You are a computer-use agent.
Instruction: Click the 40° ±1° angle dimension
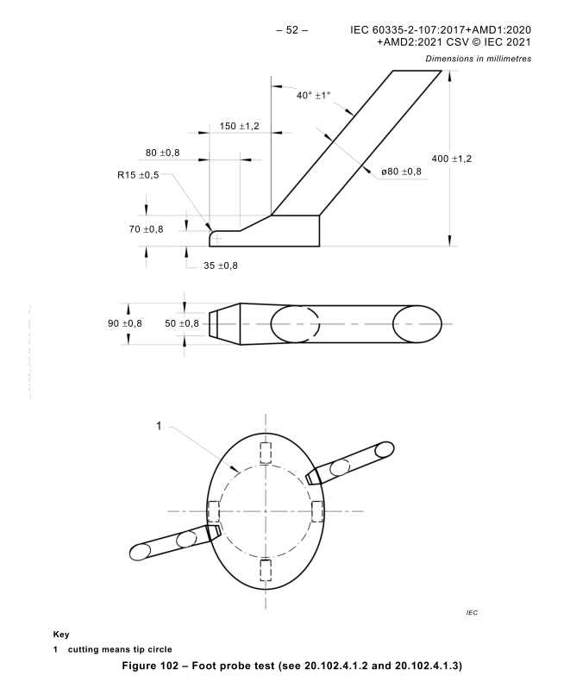[x=313, y=95]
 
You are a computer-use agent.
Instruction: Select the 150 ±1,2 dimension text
[x=239, y=127]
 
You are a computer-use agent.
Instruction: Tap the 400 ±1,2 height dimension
[x=452, y=159]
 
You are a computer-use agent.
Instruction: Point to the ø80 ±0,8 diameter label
[x=401, y=172]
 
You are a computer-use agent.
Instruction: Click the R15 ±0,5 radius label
[x=138, y=175]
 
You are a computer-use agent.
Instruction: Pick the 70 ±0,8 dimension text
[x=146, y=229]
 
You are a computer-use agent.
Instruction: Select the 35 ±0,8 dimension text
[x=220, y=266]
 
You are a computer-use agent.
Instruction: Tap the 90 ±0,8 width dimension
[x=125, y=323]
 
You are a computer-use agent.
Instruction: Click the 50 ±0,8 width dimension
[x=182, y=323]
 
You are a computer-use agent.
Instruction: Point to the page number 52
[x=291, y=30]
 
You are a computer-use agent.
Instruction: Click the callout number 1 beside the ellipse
[x=159, y=426]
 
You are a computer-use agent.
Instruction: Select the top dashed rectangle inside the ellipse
[x=266, y=453]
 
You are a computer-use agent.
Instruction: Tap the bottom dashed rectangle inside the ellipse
[x=266, y=570]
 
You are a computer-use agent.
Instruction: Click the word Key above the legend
[x=61, y=635]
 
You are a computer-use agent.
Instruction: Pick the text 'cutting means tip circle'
[x=120, y=649]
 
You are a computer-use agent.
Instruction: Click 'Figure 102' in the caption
[x=150, y=666]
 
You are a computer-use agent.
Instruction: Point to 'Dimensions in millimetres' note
[x=479, y=59]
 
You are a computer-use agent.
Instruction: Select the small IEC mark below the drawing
[x=472, y=612]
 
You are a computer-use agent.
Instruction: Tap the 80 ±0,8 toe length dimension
[x=162, y=153]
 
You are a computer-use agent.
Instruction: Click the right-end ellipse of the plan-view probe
[x=417, y=324]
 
